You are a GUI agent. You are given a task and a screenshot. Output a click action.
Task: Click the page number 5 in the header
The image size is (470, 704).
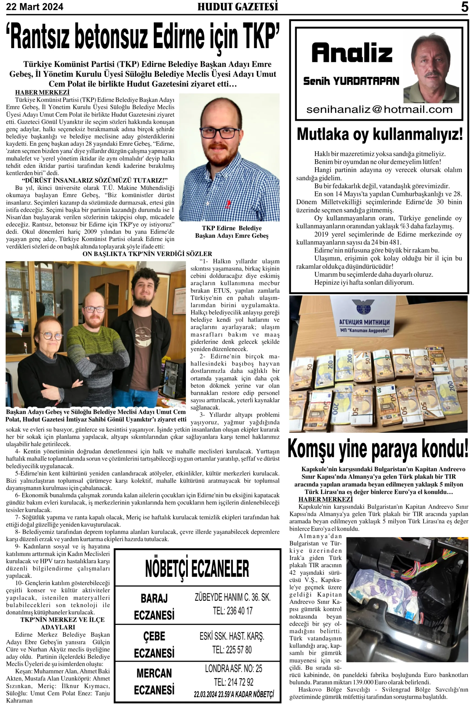point(464,7)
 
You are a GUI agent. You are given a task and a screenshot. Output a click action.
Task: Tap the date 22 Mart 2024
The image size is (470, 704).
point(34,7)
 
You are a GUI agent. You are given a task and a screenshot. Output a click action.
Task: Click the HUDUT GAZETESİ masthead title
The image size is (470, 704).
point(237,7)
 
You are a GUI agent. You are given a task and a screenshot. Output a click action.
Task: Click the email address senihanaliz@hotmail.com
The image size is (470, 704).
point(379,109)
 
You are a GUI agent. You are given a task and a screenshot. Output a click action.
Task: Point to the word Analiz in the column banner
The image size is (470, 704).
point(352,53)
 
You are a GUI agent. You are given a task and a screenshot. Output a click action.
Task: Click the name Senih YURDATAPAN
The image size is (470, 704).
point(351,81)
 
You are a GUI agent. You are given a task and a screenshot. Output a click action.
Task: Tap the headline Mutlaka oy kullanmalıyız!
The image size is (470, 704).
point(379,134)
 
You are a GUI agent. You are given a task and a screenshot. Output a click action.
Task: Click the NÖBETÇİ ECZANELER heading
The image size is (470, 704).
point(197,569)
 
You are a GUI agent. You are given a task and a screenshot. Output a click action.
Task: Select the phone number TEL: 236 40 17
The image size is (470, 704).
point(233,610)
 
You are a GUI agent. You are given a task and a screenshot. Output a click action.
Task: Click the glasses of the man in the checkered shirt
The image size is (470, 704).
point(220,133)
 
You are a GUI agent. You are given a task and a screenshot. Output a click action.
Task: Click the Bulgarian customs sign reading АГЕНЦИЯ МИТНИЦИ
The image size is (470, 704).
point(364,322)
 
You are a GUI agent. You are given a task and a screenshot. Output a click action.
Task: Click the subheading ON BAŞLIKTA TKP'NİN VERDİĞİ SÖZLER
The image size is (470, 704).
point(147,254)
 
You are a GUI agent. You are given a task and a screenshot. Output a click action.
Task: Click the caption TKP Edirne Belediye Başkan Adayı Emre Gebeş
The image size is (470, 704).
point(232,232)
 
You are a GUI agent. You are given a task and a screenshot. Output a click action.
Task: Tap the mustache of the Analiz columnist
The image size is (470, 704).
point(433,74)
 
